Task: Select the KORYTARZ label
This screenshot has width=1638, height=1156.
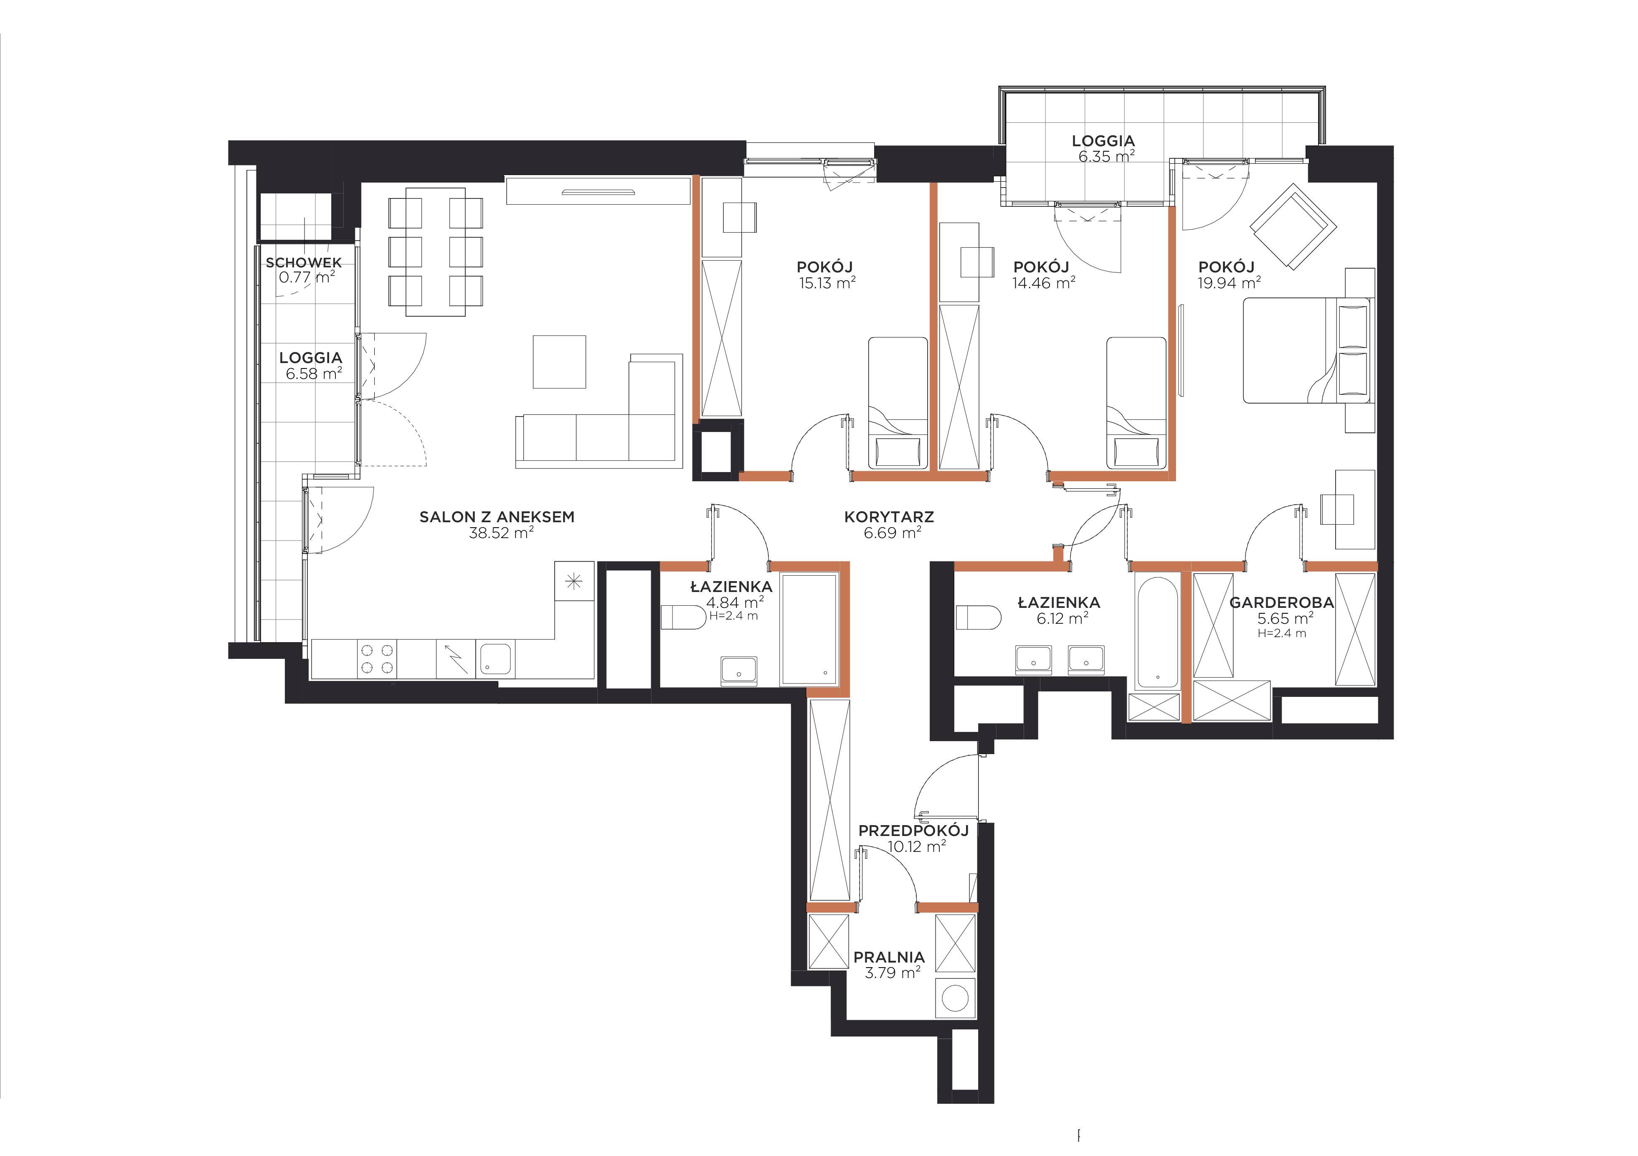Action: pyautogui.click(x=889, y=517)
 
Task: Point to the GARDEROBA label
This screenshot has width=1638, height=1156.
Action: pyautogui.click(x=1281, y=603)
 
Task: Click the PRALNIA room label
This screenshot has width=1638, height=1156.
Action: pyautogui.click(x=889, y=957)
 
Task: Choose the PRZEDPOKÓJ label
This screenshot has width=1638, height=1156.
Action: pyautogui.click(x=913, y=831)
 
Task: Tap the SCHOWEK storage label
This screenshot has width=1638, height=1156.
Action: pyautogui.click(x=304, y=263)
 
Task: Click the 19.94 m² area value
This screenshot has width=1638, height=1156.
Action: pyautogui.click(x=1229, y=282)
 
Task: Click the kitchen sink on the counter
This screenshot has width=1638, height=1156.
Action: pyautogui.click(x=494, y=659)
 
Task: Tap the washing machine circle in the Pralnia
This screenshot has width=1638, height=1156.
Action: pyautogui.click(x=955, y=998)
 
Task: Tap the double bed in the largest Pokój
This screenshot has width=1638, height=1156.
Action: pyautogui.click(x=1306, y=351)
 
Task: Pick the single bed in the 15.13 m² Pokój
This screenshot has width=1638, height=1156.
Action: pyautogui.click(x=898, y=402)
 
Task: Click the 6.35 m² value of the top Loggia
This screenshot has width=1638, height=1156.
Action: pyautogui.click(x=1106, y=156)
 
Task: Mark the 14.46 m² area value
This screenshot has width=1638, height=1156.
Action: pyautogui.click(x=1044, y=282)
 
